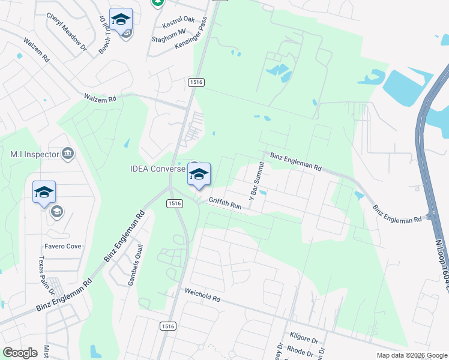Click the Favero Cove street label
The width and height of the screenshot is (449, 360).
click(x=62, y=247)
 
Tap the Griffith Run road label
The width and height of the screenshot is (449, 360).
click(x=225, y=203)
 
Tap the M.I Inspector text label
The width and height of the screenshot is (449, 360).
click(x=35, y=154)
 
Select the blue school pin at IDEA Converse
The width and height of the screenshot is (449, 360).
click(x=199, y=173)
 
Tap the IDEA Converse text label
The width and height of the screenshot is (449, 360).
click(x=158, y=169)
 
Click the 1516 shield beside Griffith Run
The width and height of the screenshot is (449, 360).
click(x=174, y=204)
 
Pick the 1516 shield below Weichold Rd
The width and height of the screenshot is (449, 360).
click(x=167, y=326)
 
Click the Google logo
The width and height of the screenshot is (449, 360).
click(x=20, y=353)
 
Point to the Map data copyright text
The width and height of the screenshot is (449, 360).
click(x=411, y=355)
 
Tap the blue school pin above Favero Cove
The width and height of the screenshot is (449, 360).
click(x=44, y=191)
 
